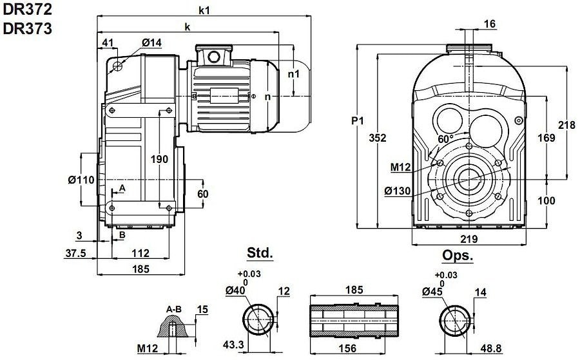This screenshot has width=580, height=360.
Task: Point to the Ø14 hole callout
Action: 152,43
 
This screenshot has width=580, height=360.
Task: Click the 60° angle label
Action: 445,138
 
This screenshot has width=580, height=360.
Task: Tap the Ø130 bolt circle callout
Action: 398,191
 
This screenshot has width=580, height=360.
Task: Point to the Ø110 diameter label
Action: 81,180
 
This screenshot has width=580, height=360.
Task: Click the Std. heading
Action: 260,252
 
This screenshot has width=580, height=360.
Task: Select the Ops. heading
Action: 458,256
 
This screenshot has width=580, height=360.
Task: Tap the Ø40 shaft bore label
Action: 237,291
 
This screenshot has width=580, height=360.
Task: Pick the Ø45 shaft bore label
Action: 433,291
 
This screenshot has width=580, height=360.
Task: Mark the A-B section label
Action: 173,309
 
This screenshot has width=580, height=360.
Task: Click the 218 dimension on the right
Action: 566,126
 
